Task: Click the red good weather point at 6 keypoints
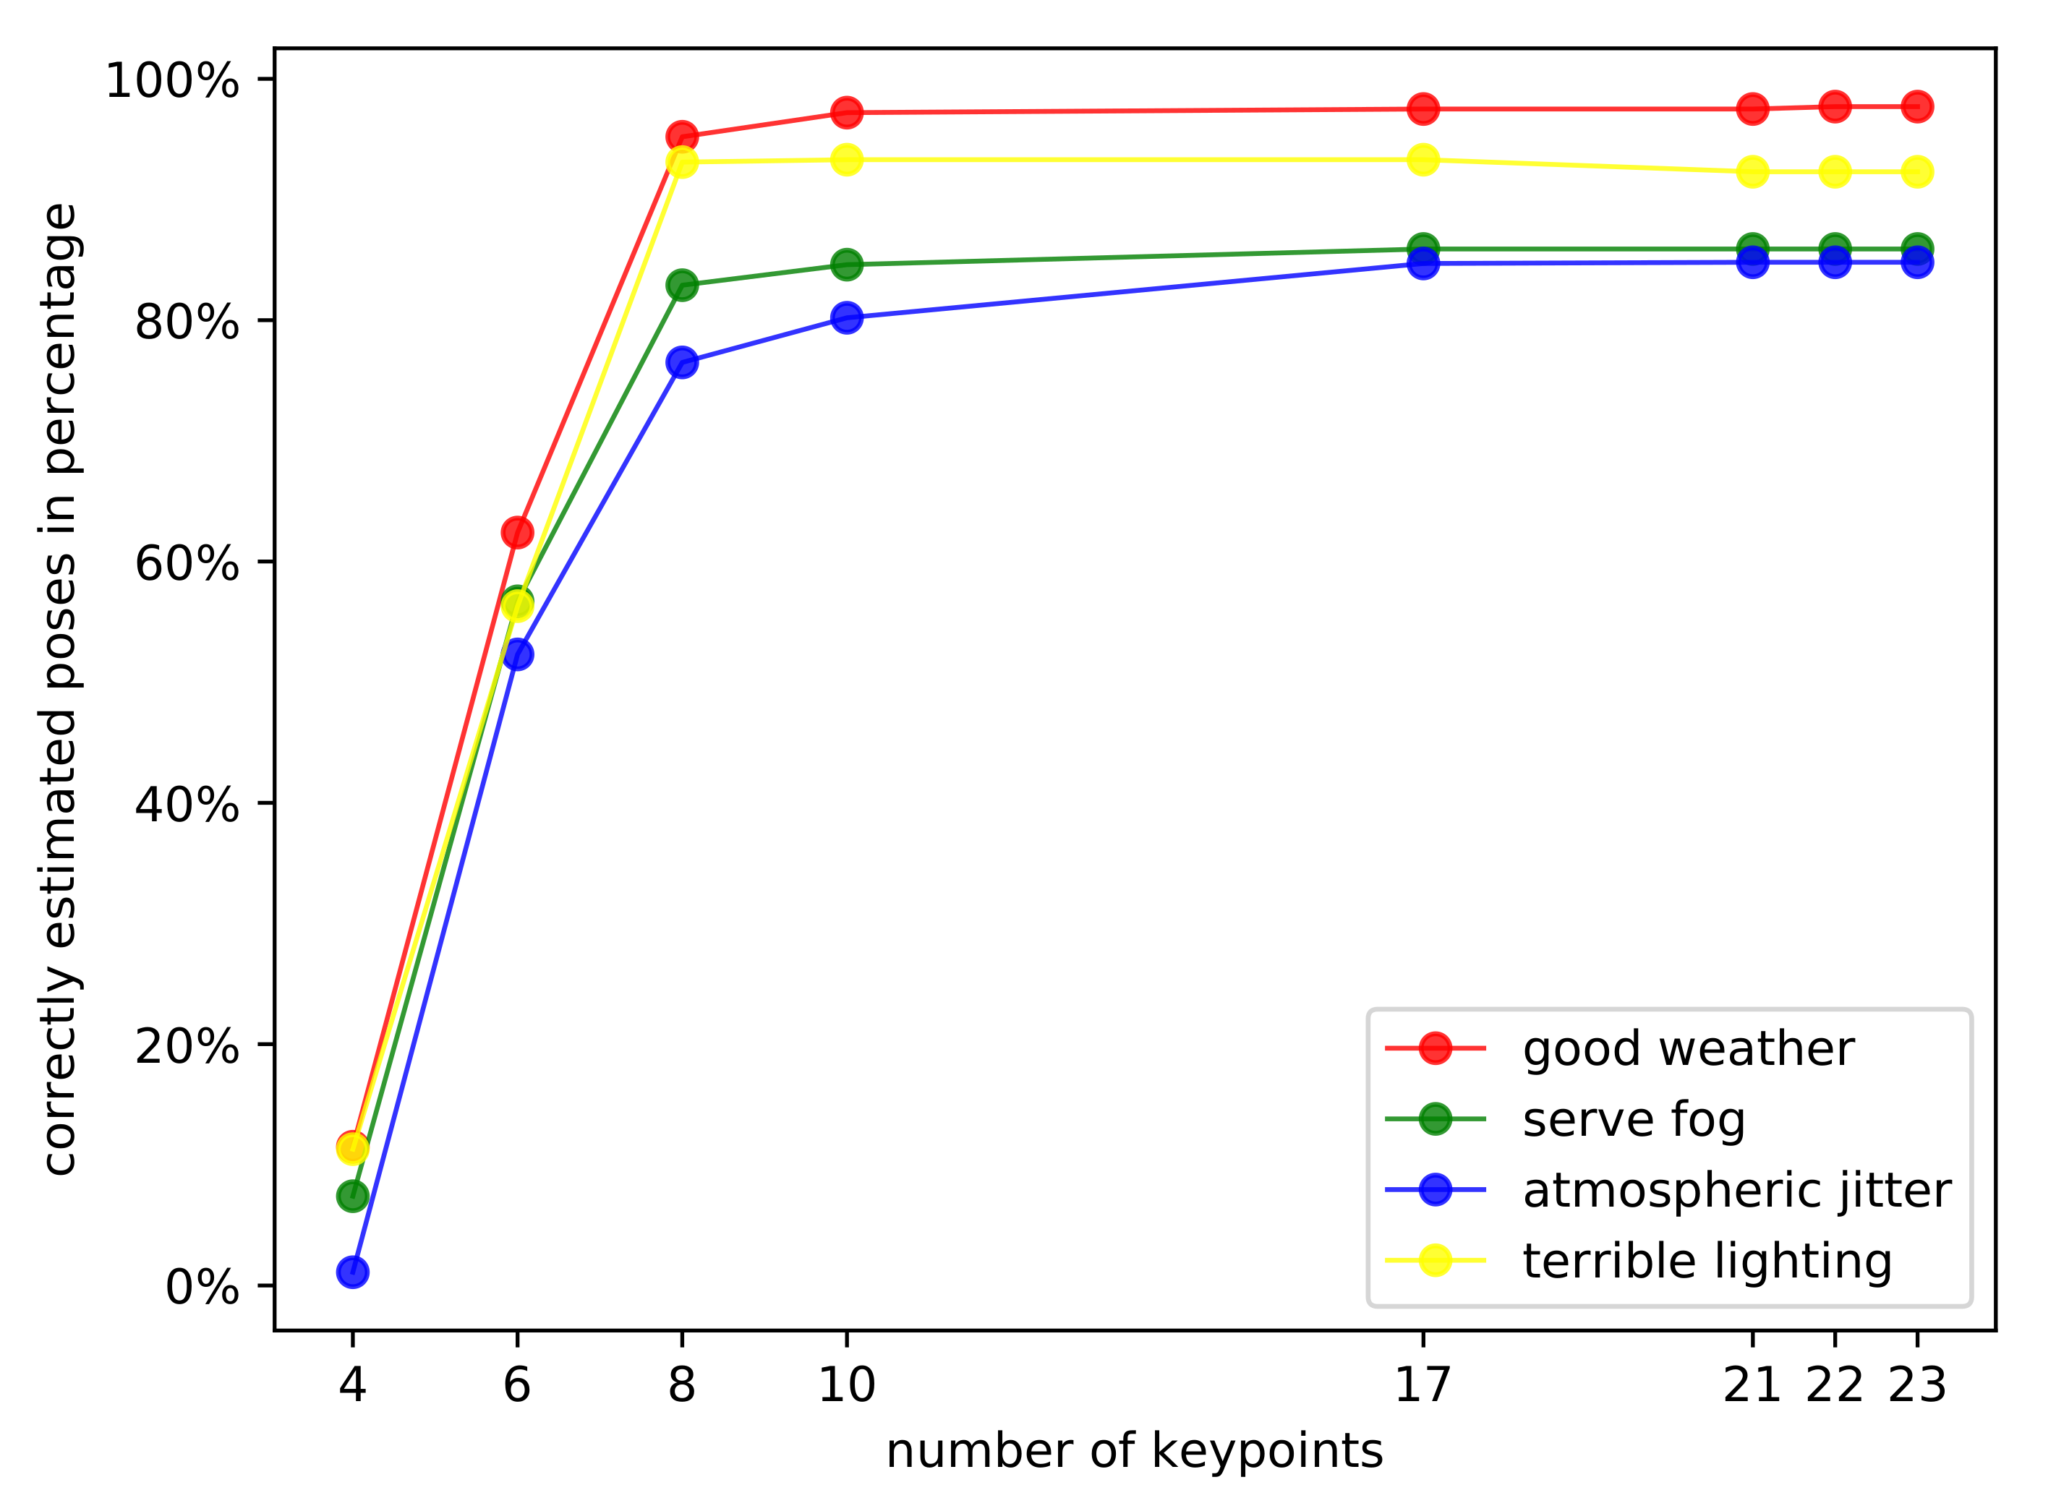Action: pyautogui.click(x=517, y=532)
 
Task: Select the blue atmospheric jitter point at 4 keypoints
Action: pyautogui.click(x=352, y=1272)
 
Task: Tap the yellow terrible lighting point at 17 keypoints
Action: pyautogui.click(x=1422, y=160)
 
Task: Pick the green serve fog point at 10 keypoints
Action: pyautogui.click(x=846, y=265)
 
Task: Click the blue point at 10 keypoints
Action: pyautogui.click(x=846, y=317)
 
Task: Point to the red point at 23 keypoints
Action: pyautogui.click(x=1917, y=107)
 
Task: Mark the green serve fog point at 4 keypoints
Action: pyautogui.click(x=352, y=1196)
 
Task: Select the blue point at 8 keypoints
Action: pyautogui.click(x=682, y=362)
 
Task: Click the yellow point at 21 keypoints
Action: pyautogui.click(x=1752, y=172)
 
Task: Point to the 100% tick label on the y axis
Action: pyautogui.click(x=172, y=80)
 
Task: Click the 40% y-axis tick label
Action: pyautogui.click(x=187, y=804)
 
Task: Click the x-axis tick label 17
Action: pyautogui.click(x=1422, y=1384)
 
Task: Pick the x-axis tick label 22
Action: pyautogui.click(x=1835, y=1384)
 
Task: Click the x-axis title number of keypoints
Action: pyautogui.click(x=1135, y=1452)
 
